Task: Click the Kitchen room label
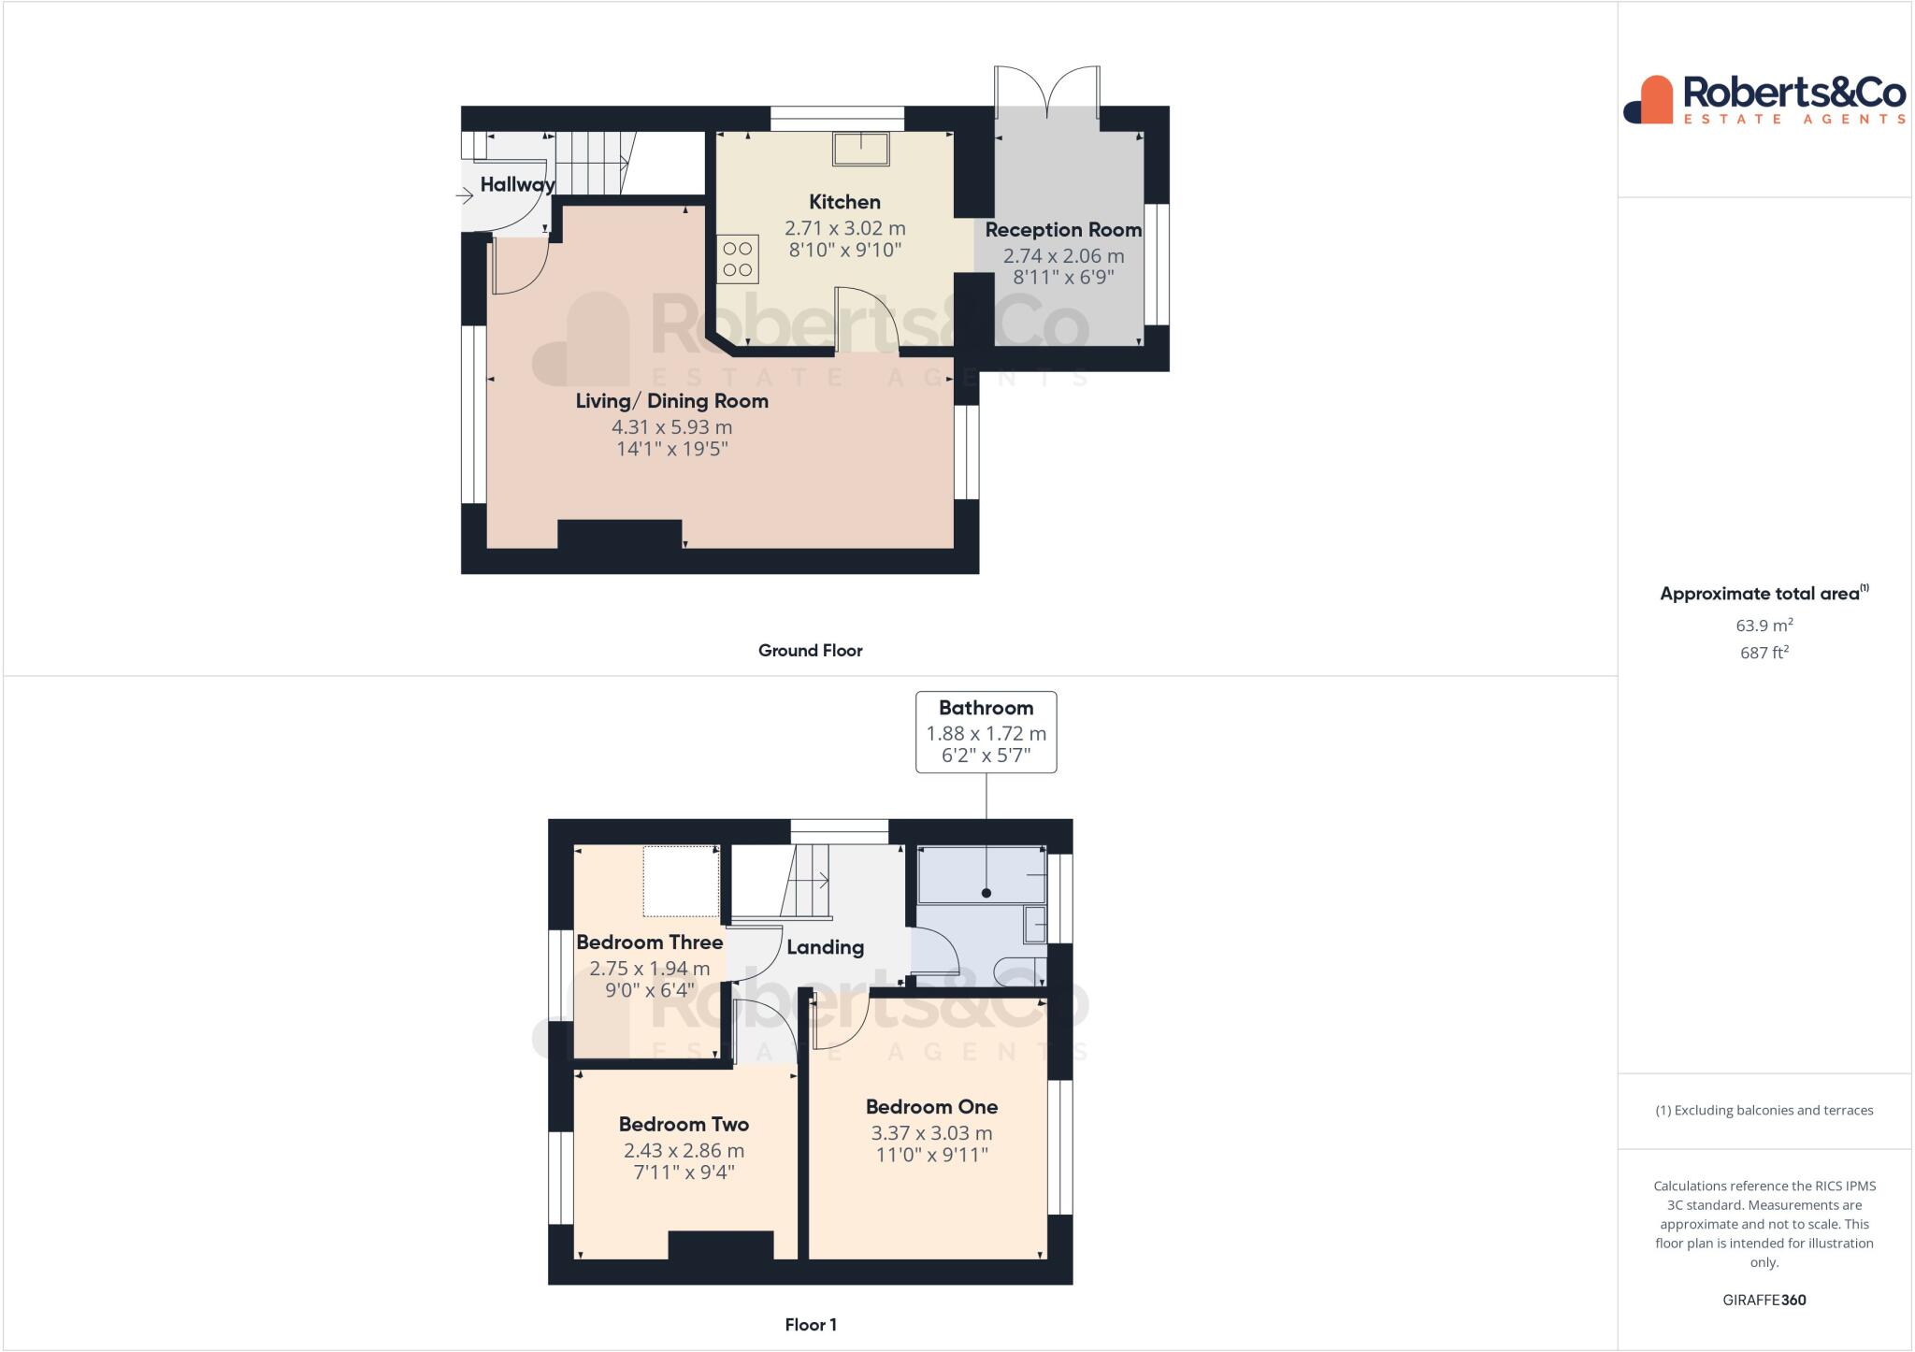(844, 202)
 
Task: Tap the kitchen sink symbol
(861, 150)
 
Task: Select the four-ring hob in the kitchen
(738, 259)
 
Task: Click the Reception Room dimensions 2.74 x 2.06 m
(1063, 255)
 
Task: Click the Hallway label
(517, 184)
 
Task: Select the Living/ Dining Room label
(671, 401)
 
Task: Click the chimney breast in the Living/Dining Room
(619, 535)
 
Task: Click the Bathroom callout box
(986, 732)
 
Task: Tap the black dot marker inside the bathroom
(986, 893)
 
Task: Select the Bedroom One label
(931, 1107)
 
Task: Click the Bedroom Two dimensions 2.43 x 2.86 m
(684, 1151)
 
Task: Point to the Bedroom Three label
(649, 942)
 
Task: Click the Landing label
(825, 947)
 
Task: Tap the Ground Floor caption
(810, 651)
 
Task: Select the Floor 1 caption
(811, 1325)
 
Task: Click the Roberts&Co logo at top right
(1764, 99)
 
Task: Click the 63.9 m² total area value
(1764, 626)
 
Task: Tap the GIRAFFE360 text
(1764, 1300)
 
